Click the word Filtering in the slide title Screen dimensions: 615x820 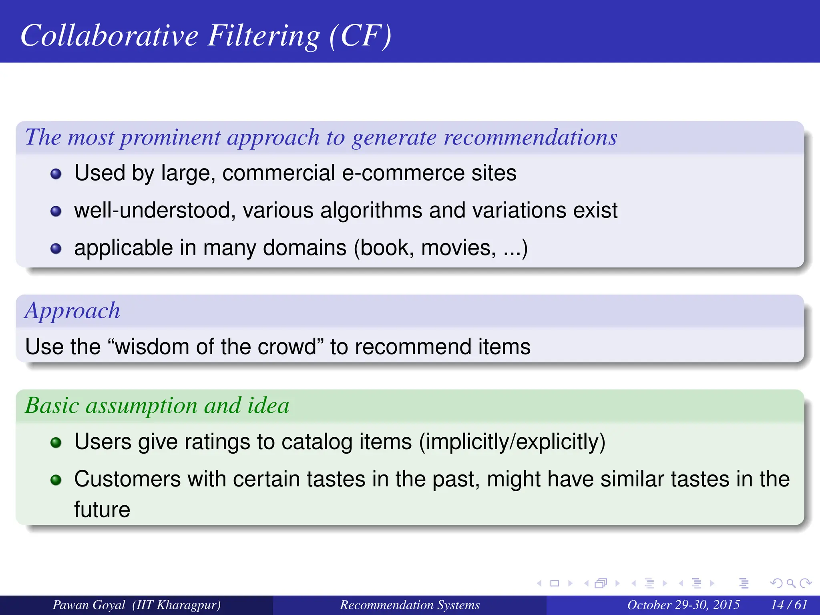(264, 36)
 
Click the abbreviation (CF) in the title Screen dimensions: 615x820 (360, 36)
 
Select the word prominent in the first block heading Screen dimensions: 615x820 (170, 137)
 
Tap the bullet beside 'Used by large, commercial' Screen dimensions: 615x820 (56, 174)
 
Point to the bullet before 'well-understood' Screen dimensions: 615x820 (56, 211)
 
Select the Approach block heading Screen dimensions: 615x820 (72, 311)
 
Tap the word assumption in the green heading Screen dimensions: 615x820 (142, 406)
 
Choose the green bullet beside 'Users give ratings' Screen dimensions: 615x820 (56, 442)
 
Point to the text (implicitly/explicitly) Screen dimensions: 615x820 (512, 442)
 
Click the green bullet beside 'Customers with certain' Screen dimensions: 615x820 (56, 480)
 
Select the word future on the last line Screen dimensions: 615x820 (102, 510)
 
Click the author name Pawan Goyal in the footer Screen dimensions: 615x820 (89, 605)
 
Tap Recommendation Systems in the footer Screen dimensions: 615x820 (410, 605)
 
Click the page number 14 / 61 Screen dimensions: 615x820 (789, 605)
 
